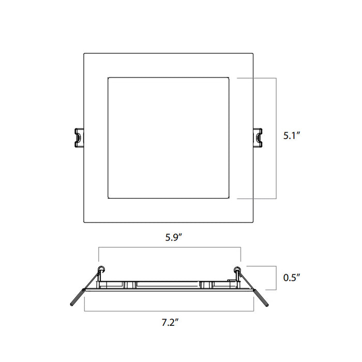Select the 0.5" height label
[292, 278]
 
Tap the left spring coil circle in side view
[101, 269]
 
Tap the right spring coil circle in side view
[237, 269]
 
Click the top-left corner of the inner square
[107, 78]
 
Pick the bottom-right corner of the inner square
[230, 199]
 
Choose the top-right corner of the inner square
[230, 78]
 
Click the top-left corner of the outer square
[84, 52]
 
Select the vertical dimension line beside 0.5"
[274, 278]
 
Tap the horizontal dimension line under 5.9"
[170, 248]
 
